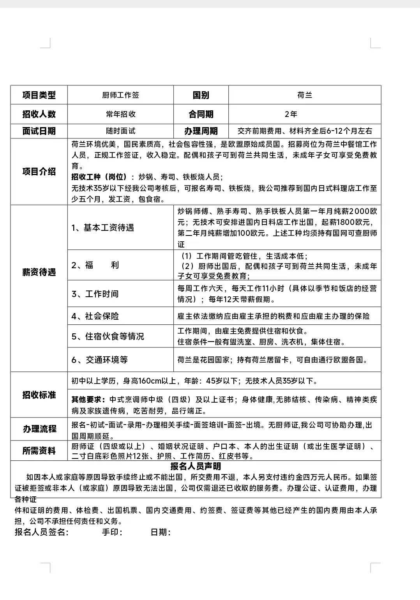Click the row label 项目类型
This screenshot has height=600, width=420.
click(39, 95)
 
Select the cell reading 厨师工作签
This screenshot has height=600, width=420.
click(120, 95)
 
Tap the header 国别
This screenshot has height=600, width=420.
click(201, 95)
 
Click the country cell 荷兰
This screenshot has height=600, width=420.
click(304, 95)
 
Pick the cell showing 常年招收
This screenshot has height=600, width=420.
click(120, 114)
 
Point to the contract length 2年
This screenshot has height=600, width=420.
click(291, 114)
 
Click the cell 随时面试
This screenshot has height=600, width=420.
click(120, 131)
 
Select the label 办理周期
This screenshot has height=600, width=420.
click(201, 131)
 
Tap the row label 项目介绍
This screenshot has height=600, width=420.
click(39, 172)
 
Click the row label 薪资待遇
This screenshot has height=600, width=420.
click(39, 272)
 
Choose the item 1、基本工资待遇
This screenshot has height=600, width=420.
click(102, 228)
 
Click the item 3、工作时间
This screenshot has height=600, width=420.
click(95, 294)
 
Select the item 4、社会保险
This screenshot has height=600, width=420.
click(95, 316)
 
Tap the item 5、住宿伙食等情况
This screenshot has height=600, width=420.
click(108, 336)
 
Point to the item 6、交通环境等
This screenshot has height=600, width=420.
click(99, 360)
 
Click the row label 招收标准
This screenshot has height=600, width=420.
click(39, 395)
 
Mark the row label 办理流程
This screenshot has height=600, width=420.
click(39, 429)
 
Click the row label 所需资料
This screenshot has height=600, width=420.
click(39, 451)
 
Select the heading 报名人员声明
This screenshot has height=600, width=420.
click(196, 466)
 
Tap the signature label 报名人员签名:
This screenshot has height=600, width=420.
click(42, 532)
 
